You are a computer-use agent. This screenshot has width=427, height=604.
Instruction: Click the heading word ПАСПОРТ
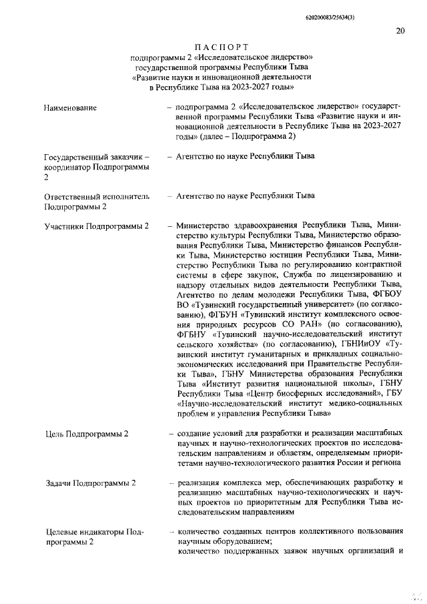[221, 47]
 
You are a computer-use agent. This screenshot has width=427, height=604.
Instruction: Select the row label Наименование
[70, 107]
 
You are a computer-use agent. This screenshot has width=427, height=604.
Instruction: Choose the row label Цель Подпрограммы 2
[86, 434]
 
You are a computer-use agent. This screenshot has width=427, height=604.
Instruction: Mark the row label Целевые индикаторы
[85, 532]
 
